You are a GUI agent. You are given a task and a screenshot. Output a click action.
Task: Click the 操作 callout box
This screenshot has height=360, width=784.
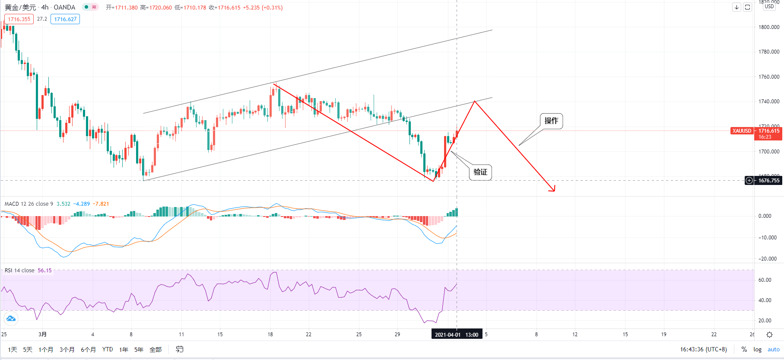[x=551, y=121]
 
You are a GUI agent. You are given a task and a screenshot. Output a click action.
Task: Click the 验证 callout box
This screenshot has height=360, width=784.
[x=480, y=172]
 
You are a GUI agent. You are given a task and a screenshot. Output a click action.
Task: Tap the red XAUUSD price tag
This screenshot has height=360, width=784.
[x=742, y=131]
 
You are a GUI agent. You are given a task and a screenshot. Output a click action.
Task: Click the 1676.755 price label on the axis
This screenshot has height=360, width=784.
[x=768, y=181]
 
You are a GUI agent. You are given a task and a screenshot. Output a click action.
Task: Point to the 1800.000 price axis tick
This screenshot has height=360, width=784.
[x=769, y=27]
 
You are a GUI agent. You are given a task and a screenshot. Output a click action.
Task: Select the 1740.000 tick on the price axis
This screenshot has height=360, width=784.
[x=769, y=102]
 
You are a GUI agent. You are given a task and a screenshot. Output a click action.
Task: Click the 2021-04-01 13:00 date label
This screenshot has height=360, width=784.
[x=457, y=335]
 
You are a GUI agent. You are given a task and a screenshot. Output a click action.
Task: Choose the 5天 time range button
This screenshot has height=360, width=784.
[x=28, y=350]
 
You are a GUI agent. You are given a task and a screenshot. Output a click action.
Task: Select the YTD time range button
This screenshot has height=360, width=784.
[x=108, y=350]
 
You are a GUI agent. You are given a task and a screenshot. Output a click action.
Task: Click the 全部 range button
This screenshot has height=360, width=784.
[x=156, y=350]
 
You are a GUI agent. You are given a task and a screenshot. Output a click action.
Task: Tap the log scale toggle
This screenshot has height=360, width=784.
[x=757, y=350]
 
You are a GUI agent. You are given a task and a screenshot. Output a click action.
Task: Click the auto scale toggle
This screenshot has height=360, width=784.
[x=773, y=350]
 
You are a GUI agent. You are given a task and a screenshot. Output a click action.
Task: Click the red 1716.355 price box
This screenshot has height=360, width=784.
[x=19, y=19]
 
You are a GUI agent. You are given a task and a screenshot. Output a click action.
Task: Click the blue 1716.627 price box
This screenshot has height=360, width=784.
[x=65, y=19]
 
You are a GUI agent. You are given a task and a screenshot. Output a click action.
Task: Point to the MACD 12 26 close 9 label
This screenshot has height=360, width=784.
[x=29, y=204]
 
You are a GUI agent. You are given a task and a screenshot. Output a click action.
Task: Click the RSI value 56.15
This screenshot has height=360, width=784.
[x=44, y=271]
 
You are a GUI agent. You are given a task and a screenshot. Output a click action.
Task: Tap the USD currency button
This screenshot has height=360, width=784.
[x=769, y=6]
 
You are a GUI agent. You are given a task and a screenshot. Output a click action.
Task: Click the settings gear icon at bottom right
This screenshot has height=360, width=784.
[x=769, y=335]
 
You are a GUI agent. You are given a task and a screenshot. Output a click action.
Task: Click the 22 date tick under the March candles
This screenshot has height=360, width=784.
[x=308, y=335]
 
